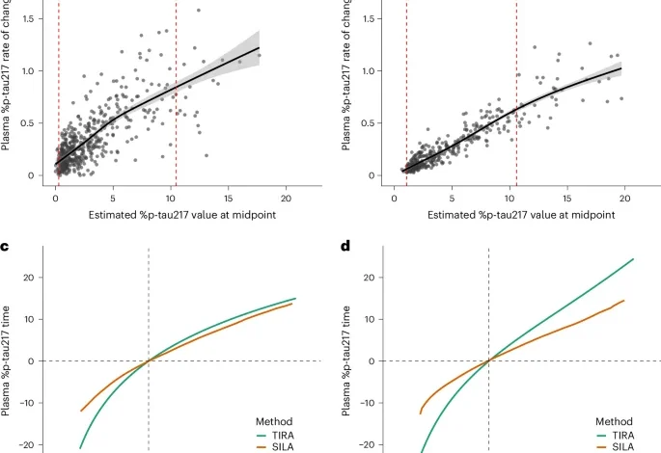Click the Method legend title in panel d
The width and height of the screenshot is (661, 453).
pyautogui.click(x=614, y=421)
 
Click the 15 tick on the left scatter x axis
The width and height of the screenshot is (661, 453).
pyautogui.click(x=227, y=196)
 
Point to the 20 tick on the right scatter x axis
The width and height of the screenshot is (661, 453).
pyautogui.click(x=624, y=196)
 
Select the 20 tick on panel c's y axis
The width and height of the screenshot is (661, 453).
pyautogui.click(x=36, y=278)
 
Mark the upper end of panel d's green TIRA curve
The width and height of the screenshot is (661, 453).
pyautogui.click(x=633, y=259)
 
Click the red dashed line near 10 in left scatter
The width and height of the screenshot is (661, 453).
pyautogui.click(x=176, y=96)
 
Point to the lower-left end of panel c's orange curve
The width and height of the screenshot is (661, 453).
pyautogui.click(x=80, y=411)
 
